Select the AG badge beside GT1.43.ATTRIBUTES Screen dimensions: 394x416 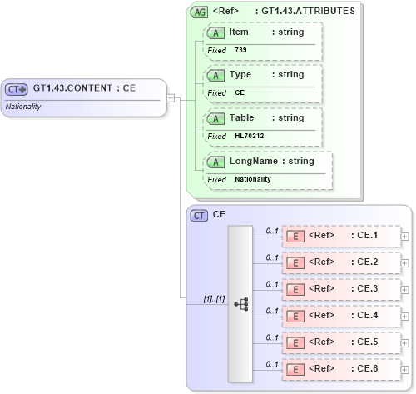[200, 12]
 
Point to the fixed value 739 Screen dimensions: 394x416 [240, 50]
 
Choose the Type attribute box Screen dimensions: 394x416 [262, 83]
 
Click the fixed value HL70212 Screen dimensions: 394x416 [249, 136]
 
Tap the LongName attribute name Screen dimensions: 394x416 [254, 161]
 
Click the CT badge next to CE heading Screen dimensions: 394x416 [200, 215]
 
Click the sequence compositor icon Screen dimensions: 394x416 [241, 305]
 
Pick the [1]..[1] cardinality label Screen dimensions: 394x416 [214, 298]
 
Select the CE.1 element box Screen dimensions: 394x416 [341, 237]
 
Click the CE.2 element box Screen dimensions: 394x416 [341, 263]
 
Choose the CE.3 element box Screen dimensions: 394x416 [341, 290]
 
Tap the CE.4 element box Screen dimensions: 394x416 [341, 317]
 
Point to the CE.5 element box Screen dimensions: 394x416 [341, 342]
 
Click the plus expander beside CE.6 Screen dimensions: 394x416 [405, 369]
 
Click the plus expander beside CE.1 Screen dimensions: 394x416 [405, 237]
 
